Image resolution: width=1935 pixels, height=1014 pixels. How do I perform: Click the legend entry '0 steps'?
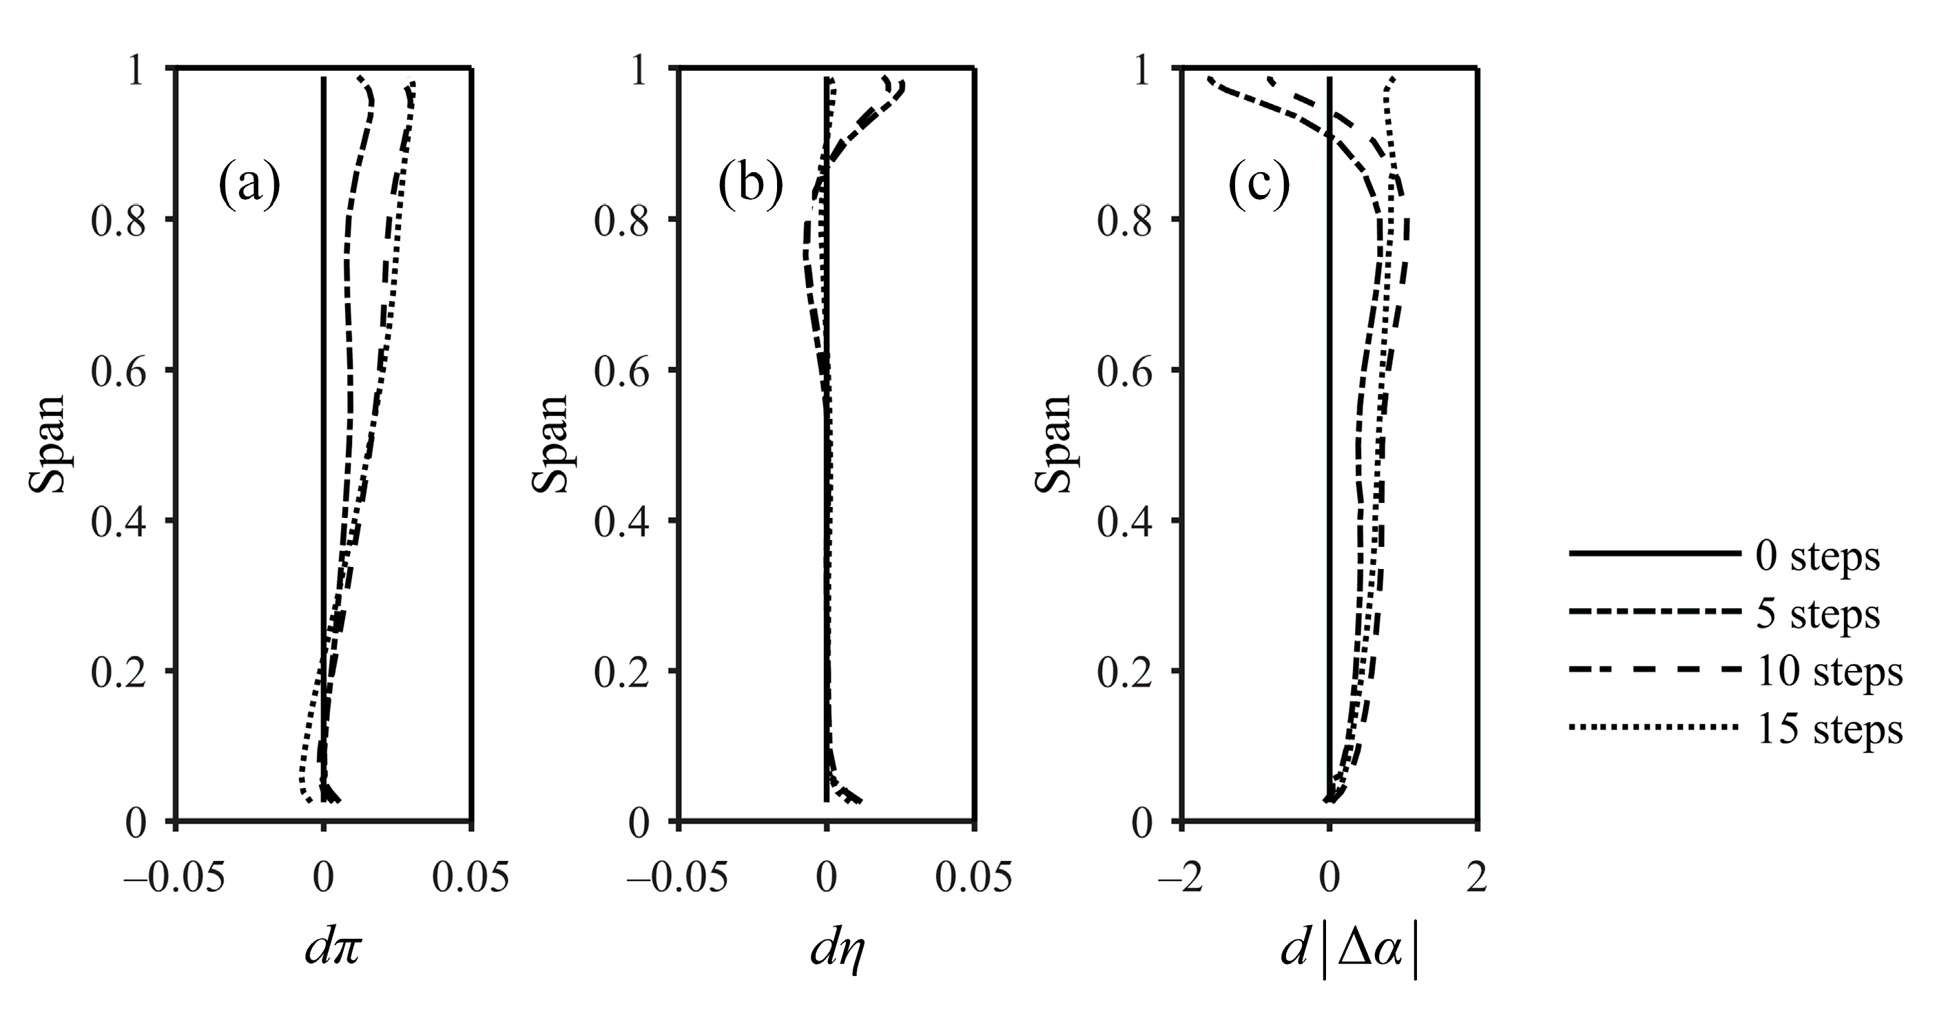coord(1817,557)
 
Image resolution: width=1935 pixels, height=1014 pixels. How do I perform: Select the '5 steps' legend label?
coord(1817,614)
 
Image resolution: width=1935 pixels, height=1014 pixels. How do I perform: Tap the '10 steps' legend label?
coord(1829,672)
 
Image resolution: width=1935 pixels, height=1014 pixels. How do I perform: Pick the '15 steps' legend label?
coord(1829,729)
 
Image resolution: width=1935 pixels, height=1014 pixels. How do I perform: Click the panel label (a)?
coord(249,185)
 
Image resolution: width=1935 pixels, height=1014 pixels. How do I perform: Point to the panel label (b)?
coord(750,185)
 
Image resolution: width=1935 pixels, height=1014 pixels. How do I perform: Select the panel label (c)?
coord(1259,185)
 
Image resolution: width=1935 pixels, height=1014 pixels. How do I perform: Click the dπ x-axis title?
coord(333,949)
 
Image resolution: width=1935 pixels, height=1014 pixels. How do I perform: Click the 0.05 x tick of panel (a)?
coord(471,878)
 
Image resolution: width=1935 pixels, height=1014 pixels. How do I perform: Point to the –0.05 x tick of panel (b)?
coord(676,878)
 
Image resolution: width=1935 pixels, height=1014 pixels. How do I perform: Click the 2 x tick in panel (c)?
coord(1477,878)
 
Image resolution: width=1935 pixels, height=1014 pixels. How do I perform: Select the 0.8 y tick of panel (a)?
coord(118,222)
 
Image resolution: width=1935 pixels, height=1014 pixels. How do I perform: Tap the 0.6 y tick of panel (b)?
coord(621,373)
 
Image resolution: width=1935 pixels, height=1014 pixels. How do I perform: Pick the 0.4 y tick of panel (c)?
coord(1124,523)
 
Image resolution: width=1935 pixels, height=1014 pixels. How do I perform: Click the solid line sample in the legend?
coord(1654,554)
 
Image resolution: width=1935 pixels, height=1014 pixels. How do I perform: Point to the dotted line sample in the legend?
coord(1654,726)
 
